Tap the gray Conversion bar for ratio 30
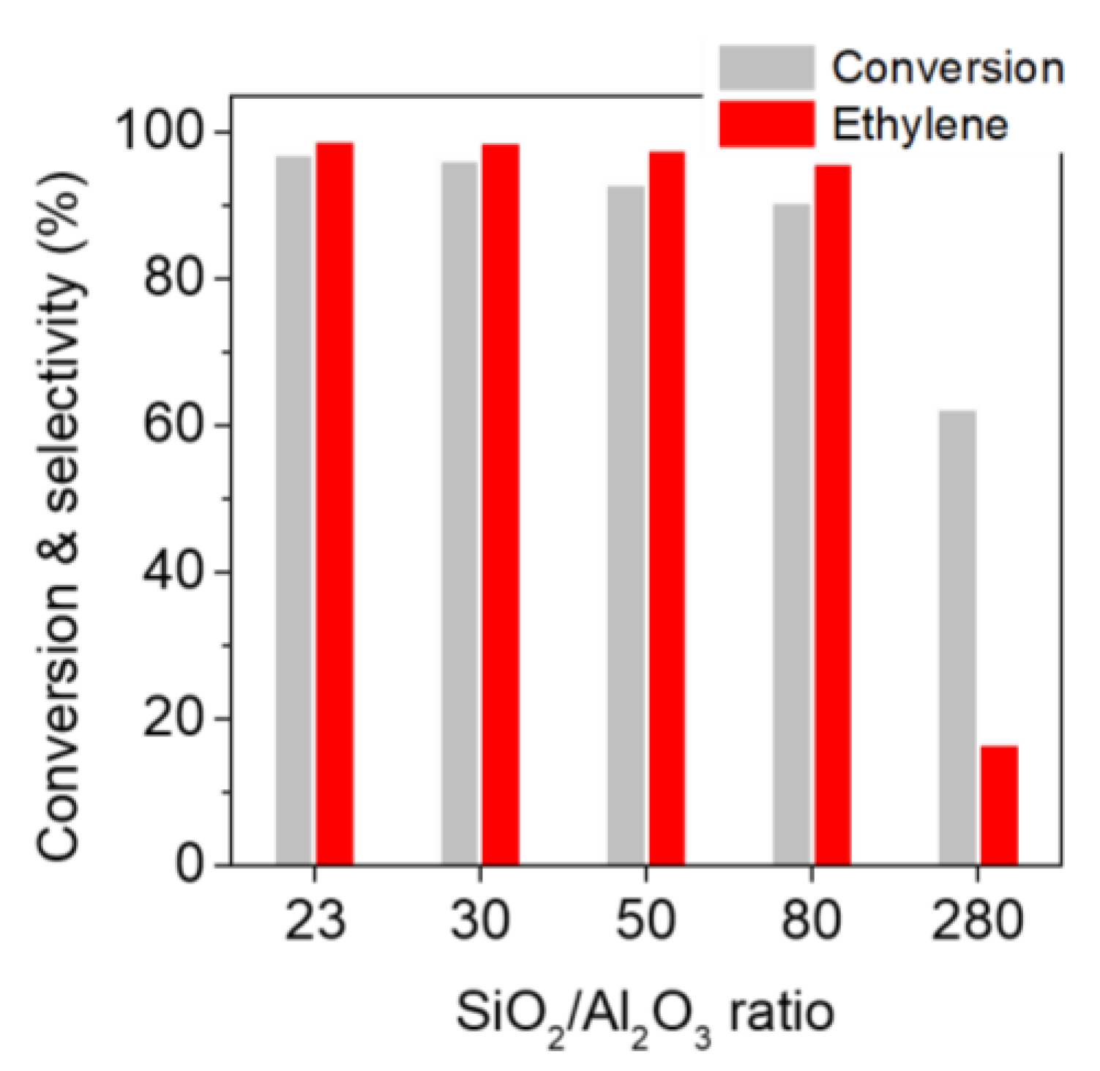coord(460,513)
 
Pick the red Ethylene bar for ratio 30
coord(501,504)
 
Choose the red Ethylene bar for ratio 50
coord(667,508)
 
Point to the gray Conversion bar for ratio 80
coord(792,534)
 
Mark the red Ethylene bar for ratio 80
coord(833,515)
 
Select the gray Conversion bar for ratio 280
coord(957,638)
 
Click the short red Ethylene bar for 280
coord(999,805)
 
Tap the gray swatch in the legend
coord(766,67)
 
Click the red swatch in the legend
coord(766,124)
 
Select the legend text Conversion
coord(947,67)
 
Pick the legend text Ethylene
coord(919,124)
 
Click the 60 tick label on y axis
coord(173,425)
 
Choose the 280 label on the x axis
coord(976,920)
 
